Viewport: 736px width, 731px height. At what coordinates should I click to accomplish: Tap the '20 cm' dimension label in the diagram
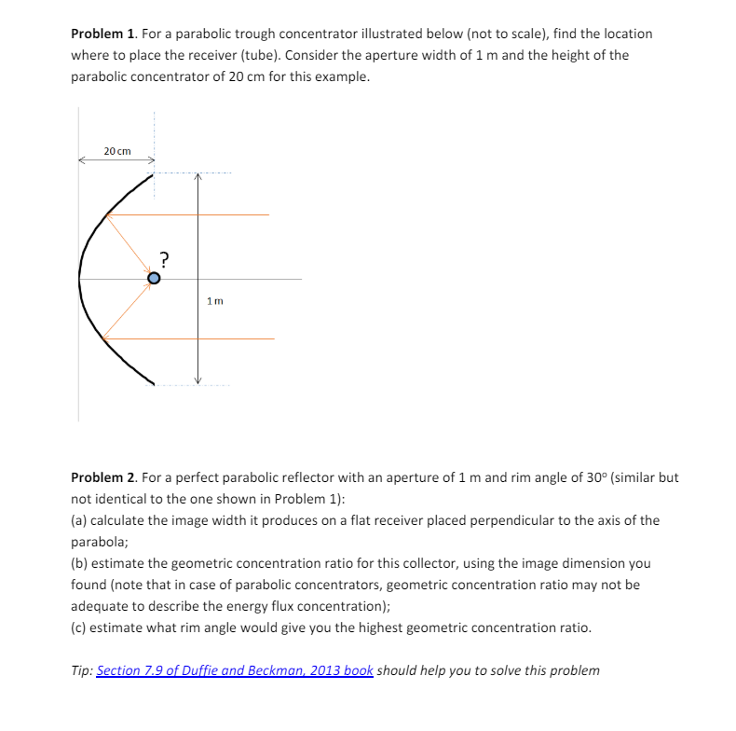[x=117, y=151]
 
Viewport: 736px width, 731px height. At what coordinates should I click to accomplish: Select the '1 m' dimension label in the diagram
[x=215, y=300]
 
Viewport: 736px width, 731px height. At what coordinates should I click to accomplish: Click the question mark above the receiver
[x=164, y=258]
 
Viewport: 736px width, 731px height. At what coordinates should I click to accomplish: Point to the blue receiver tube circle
[x=155, y=278]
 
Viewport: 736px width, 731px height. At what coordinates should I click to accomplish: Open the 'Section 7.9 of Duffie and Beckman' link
[x=235, y=670]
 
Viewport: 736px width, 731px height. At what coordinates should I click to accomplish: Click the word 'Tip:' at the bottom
[x=82, y=670]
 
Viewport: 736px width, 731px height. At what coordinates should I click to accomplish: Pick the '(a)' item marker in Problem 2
[x=80, y=520]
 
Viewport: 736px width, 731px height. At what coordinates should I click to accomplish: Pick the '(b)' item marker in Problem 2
[x=80, y=564]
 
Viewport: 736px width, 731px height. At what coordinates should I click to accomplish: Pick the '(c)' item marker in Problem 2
[x=80, y=628]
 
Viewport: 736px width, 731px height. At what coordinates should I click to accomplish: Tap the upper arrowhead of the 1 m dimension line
[x=197, y=177]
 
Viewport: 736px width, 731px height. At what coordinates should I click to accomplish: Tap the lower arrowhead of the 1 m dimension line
[x=197, y=379]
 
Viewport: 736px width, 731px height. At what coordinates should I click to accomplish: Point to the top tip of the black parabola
[x=152, y=173]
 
